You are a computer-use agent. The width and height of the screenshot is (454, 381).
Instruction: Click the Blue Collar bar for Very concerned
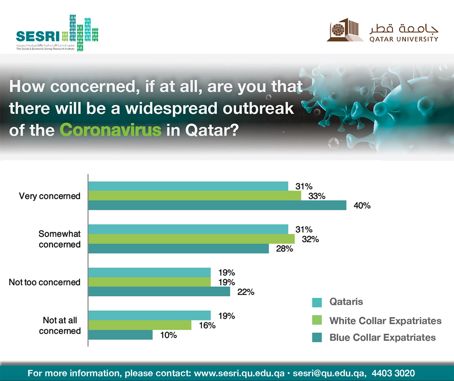tap(217, 205)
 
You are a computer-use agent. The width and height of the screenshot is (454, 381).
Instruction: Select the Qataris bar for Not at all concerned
tap(149, 315)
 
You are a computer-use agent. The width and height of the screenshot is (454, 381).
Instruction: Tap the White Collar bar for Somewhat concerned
tap(191, 239)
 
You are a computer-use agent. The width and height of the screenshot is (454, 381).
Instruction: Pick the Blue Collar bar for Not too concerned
tap(159, 291)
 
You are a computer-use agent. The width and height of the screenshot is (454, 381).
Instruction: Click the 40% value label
tap(362, 206)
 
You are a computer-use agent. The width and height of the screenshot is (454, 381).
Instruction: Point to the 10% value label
tap(168, 335)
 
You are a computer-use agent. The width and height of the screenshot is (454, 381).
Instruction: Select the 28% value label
tap(284, 249)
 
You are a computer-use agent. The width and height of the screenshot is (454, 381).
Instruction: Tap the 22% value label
tap(246, 292)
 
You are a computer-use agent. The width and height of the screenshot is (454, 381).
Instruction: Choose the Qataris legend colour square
tap(317, 302)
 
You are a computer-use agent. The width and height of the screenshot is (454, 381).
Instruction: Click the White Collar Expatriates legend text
tap(386, 321)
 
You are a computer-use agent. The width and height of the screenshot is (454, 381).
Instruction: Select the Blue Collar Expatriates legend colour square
tap(317, 338)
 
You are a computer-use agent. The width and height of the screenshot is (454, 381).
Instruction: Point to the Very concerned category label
tap(50, 196)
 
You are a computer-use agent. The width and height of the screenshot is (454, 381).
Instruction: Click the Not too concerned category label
tap(45, 282)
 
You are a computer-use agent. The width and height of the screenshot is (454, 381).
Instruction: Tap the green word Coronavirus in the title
tap(111, 130)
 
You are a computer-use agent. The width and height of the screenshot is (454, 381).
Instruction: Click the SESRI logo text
tap(38, 36)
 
